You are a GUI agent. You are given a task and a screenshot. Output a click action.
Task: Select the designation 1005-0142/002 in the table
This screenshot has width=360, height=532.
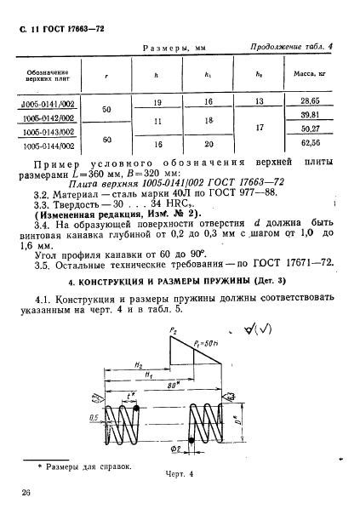pos(48,118)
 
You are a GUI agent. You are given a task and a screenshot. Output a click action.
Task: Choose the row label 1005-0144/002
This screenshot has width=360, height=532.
pos(48,146)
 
